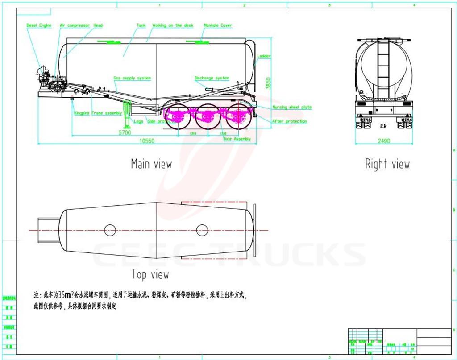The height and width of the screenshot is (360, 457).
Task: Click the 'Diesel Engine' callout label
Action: (x=39, y=25)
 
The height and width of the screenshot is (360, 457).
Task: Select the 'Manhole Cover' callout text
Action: (x=218, y=25)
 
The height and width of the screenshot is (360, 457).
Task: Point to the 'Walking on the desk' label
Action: (x=173, y=25)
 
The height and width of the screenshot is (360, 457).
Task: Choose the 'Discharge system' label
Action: (x=212, y=78)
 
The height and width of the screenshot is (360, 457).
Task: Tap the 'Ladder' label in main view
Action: (x=264, y=56)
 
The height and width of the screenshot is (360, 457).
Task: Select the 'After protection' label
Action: (x=290, y=121)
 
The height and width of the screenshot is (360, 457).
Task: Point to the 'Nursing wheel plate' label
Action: (x=292, y=108)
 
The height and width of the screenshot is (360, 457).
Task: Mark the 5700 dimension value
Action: (x=125, y=132)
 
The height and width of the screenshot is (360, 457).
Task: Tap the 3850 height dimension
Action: (x=268, y=83)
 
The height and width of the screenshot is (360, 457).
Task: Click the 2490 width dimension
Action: (x=384, y=141)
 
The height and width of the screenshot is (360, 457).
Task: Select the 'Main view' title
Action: (x=151, y=164)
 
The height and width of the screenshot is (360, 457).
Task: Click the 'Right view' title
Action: (x=387, y=164)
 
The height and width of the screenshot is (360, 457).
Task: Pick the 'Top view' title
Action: (x=150, y=274)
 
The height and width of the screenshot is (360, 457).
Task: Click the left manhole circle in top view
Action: (x=110, y=230)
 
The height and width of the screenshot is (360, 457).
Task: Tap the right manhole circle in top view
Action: (x=202, y=230)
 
